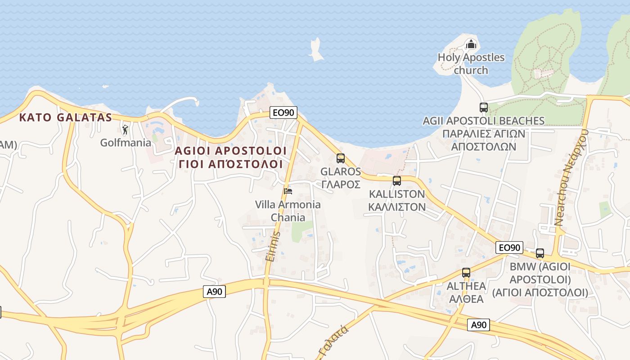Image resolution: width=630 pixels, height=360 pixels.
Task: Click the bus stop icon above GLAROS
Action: [x=341, y=158]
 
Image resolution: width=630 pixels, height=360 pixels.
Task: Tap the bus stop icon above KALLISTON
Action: [x=396, y=181]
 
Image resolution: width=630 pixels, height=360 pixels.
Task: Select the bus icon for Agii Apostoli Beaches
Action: [x=484, y=108]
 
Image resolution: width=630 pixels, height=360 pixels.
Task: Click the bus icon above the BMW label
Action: [x=540, y=253]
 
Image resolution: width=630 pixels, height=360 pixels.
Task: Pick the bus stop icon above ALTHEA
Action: [x=466, y=273]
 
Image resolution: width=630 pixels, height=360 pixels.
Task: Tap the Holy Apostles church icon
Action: [x=471, y=44]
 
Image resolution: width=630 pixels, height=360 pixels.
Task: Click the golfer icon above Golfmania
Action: [x=125, y=130]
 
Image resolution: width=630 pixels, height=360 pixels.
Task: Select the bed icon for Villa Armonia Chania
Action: [x=288, y=191]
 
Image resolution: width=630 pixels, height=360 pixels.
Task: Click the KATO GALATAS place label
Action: [x=65, y=118]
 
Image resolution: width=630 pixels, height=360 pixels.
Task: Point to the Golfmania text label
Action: [x=126, y=143]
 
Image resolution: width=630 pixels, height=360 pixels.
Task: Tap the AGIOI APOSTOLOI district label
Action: [x=231, y=150]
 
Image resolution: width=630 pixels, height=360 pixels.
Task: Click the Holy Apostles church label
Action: [x=471, y=64]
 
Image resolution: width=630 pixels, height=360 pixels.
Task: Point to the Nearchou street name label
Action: [x=572, y=177]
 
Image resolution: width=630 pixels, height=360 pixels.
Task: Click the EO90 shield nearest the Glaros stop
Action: [x=283, y=112]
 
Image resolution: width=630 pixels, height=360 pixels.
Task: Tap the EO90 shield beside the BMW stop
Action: [x=509, y=247]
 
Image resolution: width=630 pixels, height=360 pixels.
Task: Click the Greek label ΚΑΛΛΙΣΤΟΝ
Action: [x=396, y=207]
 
